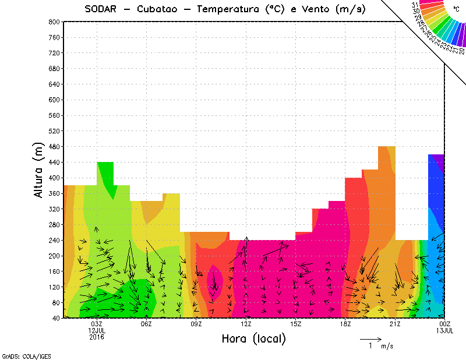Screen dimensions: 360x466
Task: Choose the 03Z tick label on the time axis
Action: tap(97, 324)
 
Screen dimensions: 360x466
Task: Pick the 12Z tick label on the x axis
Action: tap(246, 324)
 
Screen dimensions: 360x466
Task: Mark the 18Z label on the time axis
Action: tap(345, 324)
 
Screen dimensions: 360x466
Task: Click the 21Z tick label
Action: tap(395, 324)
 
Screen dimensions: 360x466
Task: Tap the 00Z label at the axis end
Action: tap(445, 324)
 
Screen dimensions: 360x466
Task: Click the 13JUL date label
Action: tap(445, 330)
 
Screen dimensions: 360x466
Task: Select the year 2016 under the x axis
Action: tap(97, 337)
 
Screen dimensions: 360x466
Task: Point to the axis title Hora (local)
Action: tap(253, 339)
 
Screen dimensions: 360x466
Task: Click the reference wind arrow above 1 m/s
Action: tap(370, 338)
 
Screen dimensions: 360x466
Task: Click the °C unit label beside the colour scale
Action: tap(456, 9)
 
